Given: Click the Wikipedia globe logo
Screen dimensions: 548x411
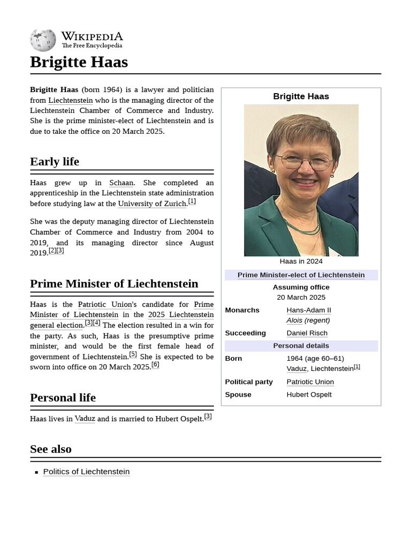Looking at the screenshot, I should click(x=43, y=40).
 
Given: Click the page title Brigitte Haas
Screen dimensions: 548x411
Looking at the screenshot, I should click(x=79, y=62).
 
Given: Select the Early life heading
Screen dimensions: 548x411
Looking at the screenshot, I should click(x=55, y=162).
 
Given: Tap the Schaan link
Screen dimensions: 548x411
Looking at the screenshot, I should click(x=121, y=183).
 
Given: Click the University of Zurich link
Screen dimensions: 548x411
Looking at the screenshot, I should click(x=152, y=204).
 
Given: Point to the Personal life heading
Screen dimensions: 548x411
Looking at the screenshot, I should click(x=63, y=398).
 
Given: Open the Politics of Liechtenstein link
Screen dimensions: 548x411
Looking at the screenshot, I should click(x=86, y=471).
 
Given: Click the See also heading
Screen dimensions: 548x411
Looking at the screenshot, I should click(x=51, y=449).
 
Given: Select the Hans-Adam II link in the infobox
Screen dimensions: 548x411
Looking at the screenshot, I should click(x=309, y=310).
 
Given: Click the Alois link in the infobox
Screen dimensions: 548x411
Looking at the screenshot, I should click(x=294, y=321).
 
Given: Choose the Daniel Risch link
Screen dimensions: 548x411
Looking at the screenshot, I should click(x=307, y=333).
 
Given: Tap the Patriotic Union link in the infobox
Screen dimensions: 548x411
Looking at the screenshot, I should click(x=310, y=382).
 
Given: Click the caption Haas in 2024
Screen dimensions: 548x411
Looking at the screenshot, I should click(x=301, y=262).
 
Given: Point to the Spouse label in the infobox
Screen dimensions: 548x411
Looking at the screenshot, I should click(x=238, y=394).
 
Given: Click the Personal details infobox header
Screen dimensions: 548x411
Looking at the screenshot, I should click(x=301, y=346).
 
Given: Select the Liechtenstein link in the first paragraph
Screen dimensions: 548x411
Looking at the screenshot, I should click(x=70, y=101).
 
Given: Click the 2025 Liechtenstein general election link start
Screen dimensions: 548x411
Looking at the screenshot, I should click(x=180, y=315).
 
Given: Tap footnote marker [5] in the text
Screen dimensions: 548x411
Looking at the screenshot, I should click(x=133, y=354).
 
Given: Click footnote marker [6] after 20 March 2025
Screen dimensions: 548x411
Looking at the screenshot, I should click(x=155, y=365).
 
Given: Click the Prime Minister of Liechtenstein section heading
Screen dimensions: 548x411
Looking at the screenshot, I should click(x=114, y=284).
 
